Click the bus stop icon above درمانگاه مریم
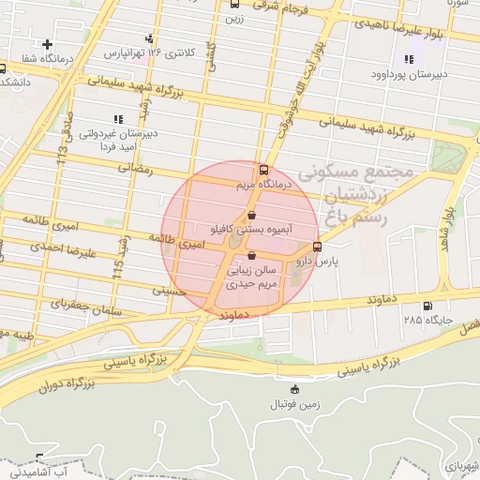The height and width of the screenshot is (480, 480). tap(262, 171)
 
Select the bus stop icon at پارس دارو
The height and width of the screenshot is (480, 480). tap(316, 247)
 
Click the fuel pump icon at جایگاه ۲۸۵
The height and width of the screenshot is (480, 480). tap(428, 305)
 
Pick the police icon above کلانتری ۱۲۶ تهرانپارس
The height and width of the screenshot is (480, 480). tap(150, 38)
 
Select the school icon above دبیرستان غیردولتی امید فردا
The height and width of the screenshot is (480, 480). tap(117, 119)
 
